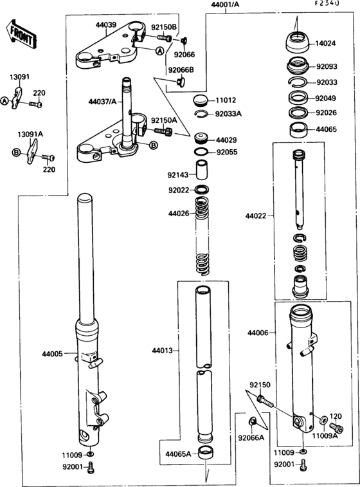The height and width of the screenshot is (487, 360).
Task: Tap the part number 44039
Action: [105, 26]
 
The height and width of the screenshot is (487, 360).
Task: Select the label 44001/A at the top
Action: [224, 5]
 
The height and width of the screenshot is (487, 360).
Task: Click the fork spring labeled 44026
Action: [203, 238]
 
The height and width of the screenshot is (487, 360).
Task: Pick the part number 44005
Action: [53, 354]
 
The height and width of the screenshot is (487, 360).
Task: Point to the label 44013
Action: [162, 351]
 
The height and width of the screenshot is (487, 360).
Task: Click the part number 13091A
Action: [30, 134]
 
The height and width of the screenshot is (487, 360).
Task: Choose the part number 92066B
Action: [181, 69]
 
